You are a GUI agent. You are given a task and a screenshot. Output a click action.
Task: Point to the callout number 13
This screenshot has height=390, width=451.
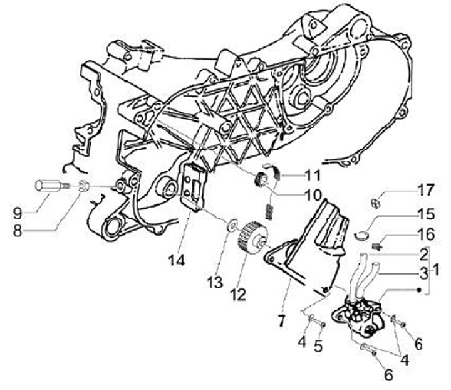point(215,283)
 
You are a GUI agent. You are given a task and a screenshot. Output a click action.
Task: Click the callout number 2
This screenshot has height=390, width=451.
point(423,255)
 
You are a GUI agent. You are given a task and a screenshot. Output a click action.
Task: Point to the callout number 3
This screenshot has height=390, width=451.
point(423,273)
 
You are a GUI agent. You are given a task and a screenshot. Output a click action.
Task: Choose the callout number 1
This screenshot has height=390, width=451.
point(437,271)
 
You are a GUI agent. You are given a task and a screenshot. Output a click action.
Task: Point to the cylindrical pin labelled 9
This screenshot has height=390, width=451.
point(49,186)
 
